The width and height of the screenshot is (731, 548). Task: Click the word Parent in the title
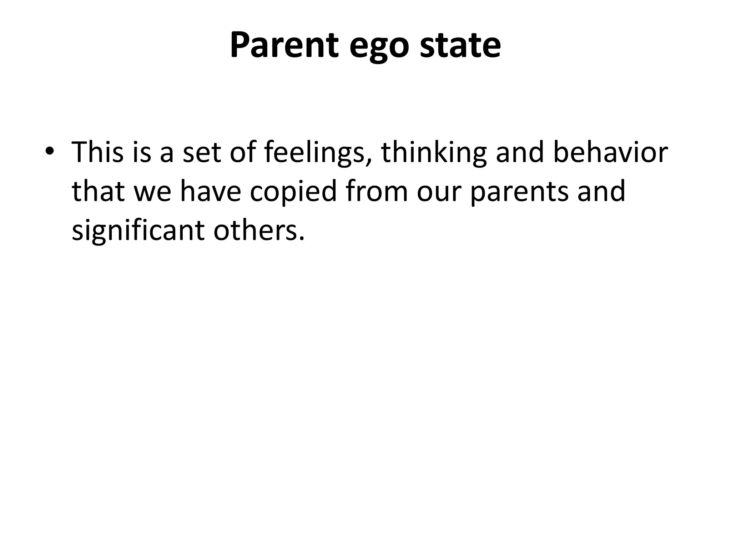284,46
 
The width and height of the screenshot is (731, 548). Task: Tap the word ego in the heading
378,48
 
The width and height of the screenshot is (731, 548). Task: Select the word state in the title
460,46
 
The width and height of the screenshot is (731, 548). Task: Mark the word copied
293,193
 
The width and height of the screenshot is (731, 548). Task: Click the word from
377,191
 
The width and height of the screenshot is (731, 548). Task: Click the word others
259,230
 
